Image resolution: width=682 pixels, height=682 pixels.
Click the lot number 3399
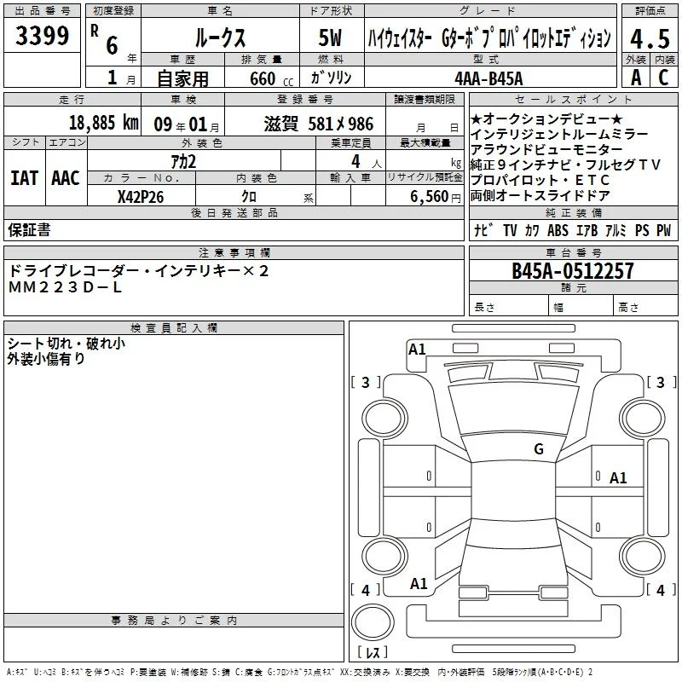point(42,36)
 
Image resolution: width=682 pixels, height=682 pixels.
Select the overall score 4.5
point(650,39)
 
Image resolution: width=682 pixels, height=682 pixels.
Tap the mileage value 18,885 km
point(103,123)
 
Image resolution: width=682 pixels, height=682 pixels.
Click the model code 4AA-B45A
point(488,78)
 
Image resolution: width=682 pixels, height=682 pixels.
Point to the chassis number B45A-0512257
point(573,271)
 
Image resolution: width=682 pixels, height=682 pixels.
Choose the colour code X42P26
point(141,197)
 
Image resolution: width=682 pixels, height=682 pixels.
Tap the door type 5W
point(330,38)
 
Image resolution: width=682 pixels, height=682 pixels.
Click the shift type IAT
point(24,178)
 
